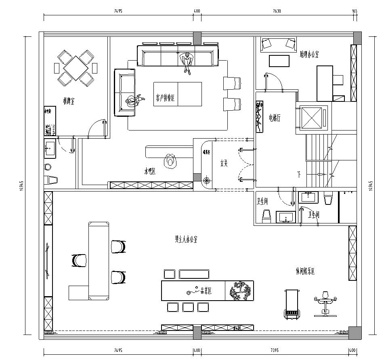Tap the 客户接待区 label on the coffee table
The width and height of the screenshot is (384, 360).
click(166, 96)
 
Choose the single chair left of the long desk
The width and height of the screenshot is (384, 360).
click(76, 262)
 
